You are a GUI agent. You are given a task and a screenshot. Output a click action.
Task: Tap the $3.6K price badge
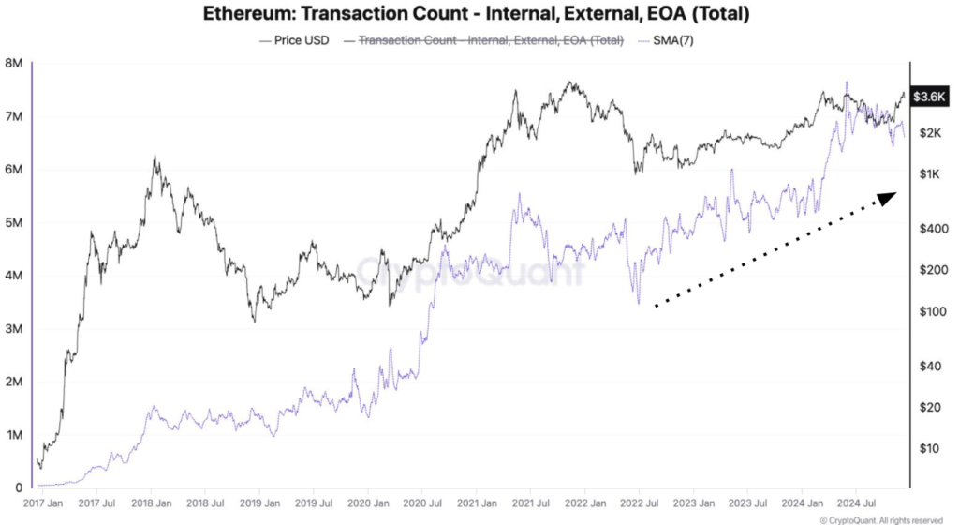click(x=935, y=96)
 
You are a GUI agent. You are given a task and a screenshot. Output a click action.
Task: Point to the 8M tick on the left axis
click(x=13, y=64)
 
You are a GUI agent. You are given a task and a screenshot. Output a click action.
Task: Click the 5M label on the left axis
click(x=13, y=223)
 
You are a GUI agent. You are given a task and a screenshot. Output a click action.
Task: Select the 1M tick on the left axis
click(x=13, y=435)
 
